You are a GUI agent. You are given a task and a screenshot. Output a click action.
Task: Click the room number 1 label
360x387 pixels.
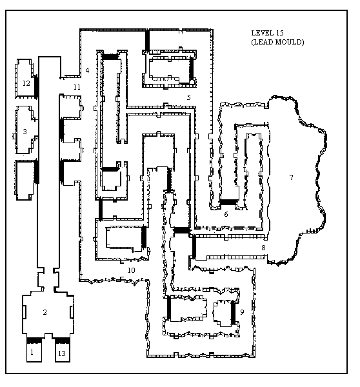[x=32, y=352]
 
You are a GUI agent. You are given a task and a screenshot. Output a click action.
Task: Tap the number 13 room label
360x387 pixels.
[x=62, y=353]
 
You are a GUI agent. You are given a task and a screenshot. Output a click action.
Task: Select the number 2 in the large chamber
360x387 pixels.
[x=45, y=312]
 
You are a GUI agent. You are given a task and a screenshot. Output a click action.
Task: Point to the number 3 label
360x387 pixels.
[x=25, y=132]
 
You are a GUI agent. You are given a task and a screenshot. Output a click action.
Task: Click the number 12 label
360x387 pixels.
[x=26, y=83]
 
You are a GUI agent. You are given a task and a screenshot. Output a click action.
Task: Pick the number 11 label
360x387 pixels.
[x=77, y=87]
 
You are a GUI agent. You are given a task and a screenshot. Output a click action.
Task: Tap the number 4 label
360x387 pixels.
[x=87, y=70]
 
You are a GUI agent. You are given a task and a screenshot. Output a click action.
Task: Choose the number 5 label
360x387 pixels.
[x=189, y=97]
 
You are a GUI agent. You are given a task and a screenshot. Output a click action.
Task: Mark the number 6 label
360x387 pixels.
[x=226, y=214]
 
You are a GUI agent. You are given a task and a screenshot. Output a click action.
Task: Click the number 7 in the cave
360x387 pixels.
[x=292, y=177]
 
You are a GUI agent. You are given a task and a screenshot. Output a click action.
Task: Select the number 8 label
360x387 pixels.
[x=263, y=248]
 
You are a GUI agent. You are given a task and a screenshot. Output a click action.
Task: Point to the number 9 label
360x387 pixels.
[x=242, y=312]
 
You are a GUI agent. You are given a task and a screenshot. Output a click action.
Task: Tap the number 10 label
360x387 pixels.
[x=132, y=270]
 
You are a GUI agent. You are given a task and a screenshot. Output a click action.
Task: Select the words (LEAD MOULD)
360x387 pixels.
[x=277, y=42]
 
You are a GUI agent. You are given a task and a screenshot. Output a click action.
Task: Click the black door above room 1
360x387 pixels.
[x=34, y=341]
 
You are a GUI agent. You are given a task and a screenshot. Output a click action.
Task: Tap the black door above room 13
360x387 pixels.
[x=62, y=341]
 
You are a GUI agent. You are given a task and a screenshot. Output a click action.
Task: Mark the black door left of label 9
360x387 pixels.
[x=233, y=313]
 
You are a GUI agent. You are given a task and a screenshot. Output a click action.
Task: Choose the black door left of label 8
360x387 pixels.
[x=194, y=247]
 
